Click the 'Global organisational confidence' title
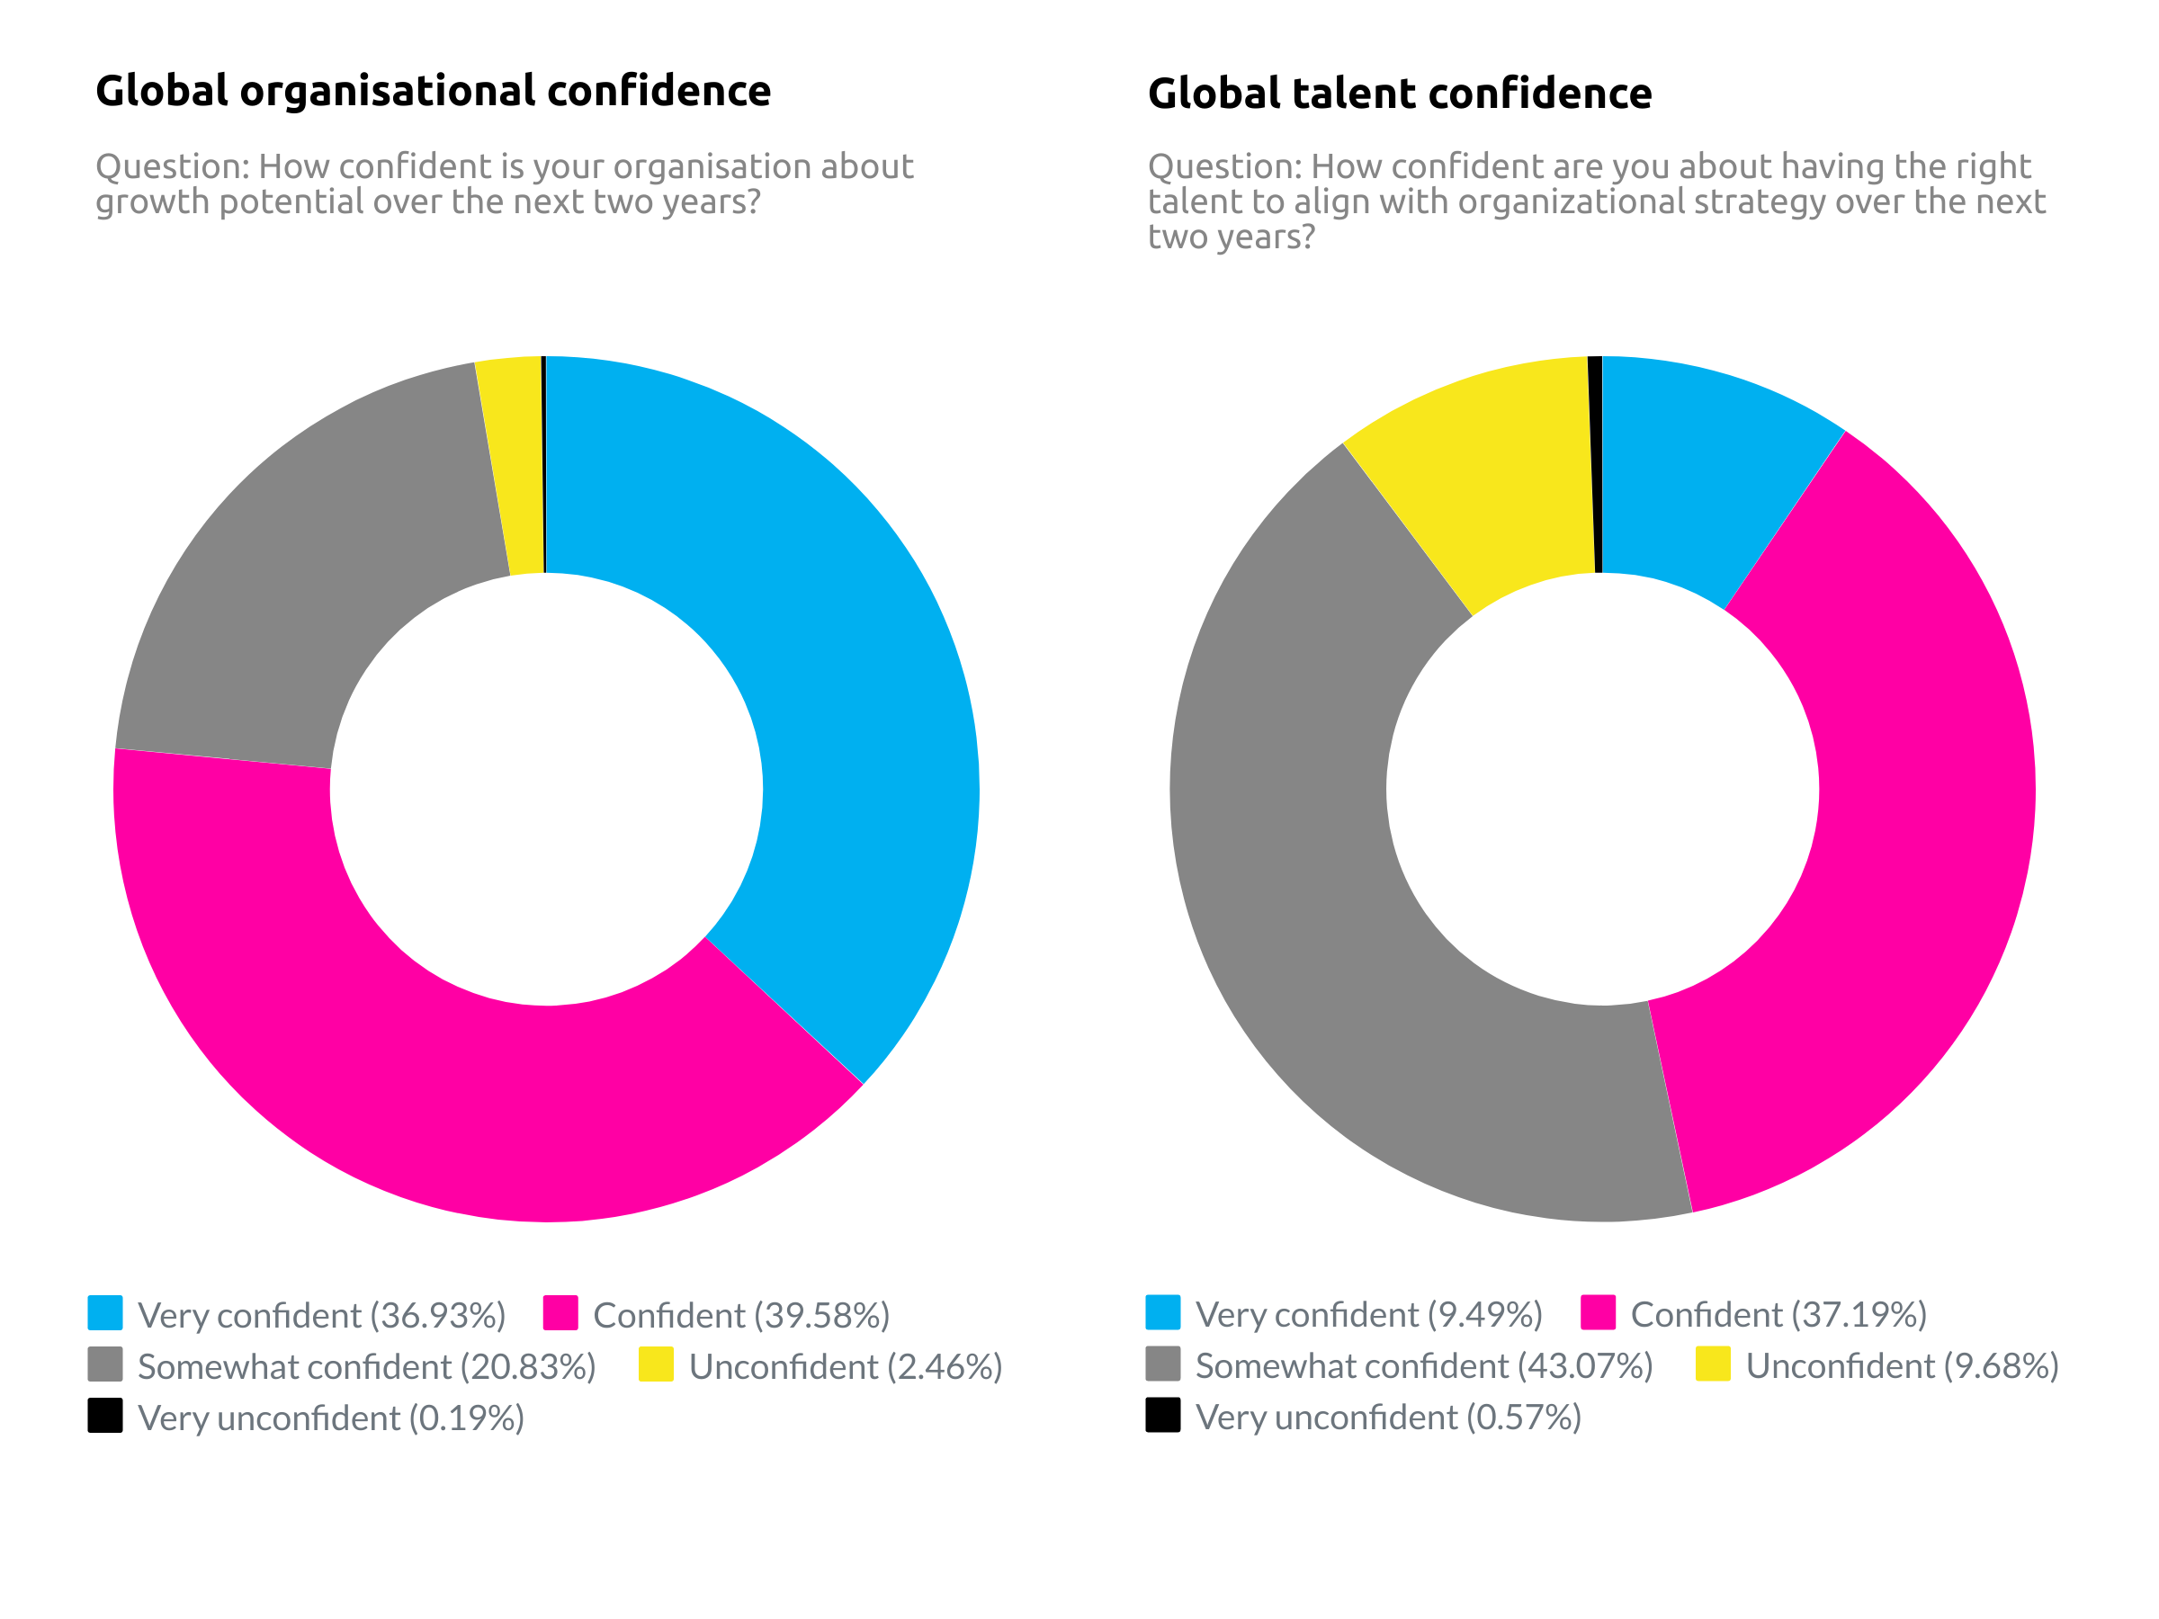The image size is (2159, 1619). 434,91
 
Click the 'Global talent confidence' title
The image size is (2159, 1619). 1399,94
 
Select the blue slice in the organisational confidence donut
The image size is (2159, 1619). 839,683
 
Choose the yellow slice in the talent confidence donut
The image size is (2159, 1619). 1493,479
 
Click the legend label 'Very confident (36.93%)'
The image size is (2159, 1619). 321,1316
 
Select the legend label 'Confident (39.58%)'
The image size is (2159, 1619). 741,1316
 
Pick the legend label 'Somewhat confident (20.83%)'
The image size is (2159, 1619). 366,1367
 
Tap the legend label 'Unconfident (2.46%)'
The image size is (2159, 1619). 846,1367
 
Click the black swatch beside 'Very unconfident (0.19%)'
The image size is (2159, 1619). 105,1416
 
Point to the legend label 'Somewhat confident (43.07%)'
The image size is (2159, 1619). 1423,1366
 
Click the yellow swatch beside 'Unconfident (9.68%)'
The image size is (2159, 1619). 1713,1364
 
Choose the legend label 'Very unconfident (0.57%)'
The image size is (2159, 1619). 1388,1417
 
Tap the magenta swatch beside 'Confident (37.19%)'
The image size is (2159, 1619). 1598,1312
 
